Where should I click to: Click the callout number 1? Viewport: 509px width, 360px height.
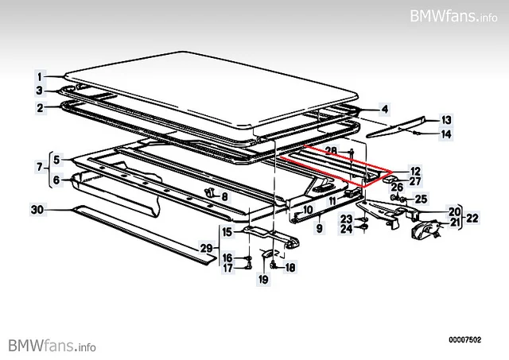click(x=40, y=77)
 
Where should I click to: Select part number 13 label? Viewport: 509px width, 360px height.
click(x=446, y=120)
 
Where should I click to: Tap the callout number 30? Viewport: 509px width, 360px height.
click(x=37, y=210)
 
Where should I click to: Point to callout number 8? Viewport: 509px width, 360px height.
click(x=224, y=196)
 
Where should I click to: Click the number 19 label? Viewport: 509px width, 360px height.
click(x=263, y=279)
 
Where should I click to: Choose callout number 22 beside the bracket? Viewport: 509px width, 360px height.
click(x=472, y=218)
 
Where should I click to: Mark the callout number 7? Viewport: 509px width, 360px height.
click(x=40, y=167)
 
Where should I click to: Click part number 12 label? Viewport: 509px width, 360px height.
click(x=415, y=171)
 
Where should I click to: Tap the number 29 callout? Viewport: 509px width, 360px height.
click(x=207, y=248)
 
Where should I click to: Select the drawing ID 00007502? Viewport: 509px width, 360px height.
click(x=464, y=340)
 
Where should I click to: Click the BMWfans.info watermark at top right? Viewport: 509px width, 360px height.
click(x=453, y=16)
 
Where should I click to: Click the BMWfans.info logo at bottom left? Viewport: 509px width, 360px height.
click(x=52, y=346)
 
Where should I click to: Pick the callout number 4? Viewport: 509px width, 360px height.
click(x=385, y=109)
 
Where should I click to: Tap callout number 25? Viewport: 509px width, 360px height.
click(x=421, y=199)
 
